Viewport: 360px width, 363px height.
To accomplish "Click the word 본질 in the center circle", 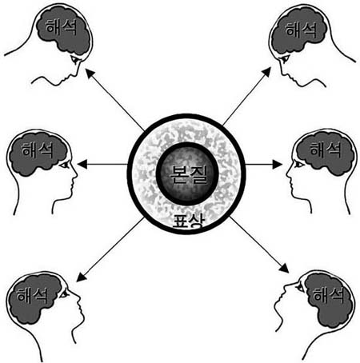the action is point(189,174).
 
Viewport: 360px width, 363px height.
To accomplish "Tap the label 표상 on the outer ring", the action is point(189,221).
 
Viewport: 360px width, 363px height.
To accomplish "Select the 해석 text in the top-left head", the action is point(61,27).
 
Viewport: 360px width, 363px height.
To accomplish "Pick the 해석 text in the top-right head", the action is point(301,30).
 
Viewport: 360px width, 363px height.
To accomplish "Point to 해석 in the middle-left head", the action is point(38,150).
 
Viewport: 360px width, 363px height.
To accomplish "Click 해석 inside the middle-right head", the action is point(326,149).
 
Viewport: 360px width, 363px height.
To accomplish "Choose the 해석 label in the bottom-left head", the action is point(32,295).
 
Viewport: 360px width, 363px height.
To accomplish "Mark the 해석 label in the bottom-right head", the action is point(328,295).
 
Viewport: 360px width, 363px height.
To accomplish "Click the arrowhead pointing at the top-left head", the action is point(90,73).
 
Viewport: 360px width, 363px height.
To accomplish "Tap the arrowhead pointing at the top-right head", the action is point(266,72).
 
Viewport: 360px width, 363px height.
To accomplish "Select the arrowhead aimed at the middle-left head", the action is point(82,165).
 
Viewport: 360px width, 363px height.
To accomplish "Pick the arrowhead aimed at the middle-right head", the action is point(277,165).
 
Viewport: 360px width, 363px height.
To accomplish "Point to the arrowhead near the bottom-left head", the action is point(81,277).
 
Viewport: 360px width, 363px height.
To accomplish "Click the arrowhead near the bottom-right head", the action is point(284,268).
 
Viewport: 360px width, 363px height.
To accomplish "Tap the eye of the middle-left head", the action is point(65,166).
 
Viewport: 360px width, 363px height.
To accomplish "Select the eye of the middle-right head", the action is point(298,165).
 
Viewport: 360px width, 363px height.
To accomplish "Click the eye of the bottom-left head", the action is point(64,294).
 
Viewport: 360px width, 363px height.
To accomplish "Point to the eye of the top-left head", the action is point(75,60).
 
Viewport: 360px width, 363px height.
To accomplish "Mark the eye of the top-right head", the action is point(284,59).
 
